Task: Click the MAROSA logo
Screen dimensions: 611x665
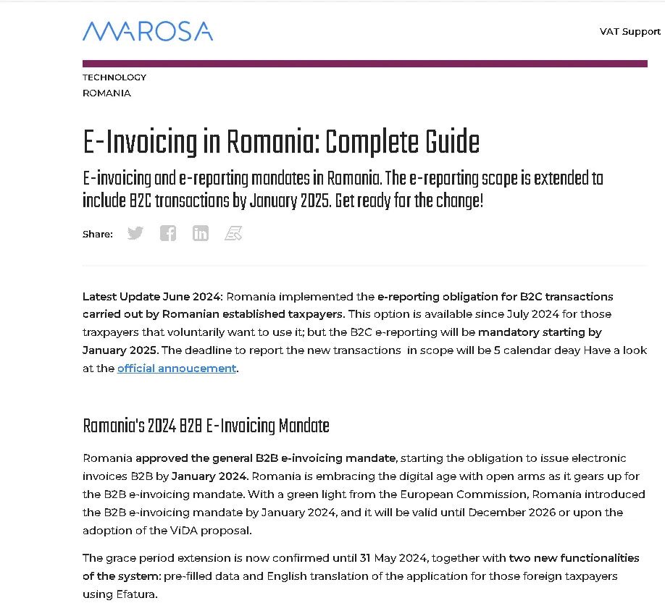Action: coord(148,31)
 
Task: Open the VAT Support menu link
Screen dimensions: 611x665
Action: coord(630,31)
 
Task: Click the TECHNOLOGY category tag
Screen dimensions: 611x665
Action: coord(114,77)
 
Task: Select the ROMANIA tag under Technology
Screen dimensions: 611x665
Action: coord(106,93)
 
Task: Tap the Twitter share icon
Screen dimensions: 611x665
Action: coord(135,233)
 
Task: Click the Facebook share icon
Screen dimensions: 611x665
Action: coord(168,233)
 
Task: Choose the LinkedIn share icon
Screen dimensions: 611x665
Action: coord(201,233)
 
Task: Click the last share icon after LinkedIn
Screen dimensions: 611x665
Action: coord(233,233)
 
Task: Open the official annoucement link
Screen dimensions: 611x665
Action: coord(177,368)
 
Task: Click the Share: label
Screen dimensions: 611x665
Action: coord(98,234)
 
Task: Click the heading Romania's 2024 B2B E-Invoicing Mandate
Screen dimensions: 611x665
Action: coord(206,426)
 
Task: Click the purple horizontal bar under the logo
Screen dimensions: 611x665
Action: coord(364,64)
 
